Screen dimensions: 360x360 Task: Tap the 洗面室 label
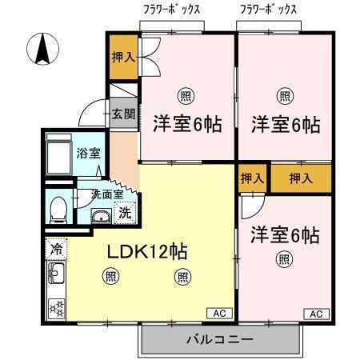tap(106, 194)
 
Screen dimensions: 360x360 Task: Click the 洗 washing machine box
tap(125, 213)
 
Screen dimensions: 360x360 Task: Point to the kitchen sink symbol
tap(57, 277)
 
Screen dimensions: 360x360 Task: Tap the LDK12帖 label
tap(148, 250)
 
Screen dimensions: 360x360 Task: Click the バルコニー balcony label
tap(220, 340)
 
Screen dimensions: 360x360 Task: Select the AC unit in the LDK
tap(219, 313)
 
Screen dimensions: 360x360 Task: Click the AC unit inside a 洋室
tap(314, 313)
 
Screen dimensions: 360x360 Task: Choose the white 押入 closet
tap(251, 178)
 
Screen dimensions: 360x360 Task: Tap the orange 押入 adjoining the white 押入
tap(299, 178)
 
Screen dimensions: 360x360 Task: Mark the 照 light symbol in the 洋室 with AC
tap(284, 258)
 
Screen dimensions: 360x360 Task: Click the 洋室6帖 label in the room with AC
tap(284, 235)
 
